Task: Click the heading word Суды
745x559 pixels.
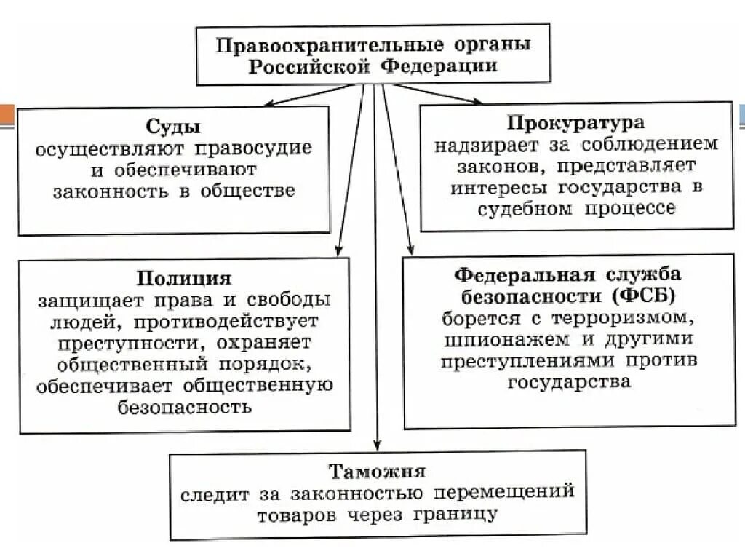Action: (x=173, y=128)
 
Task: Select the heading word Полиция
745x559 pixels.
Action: (x=183, y=279)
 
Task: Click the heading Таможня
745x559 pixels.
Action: (x=377, y=471)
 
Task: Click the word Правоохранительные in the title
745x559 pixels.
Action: (x=329, y=45)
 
